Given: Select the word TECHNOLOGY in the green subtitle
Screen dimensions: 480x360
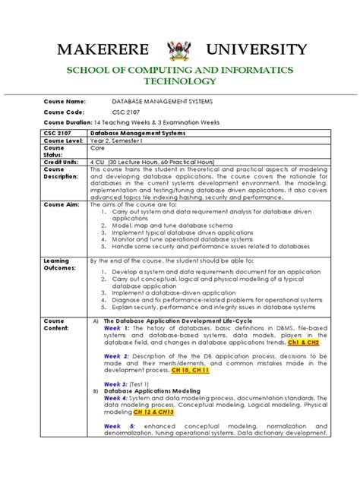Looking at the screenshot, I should pos(180,81).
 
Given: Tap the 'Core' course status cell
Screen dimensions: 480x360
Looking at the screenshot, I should pos(99,148).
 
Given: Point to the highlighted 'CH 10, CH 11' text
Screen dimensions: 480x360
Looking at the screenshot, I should pos(190,370).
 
